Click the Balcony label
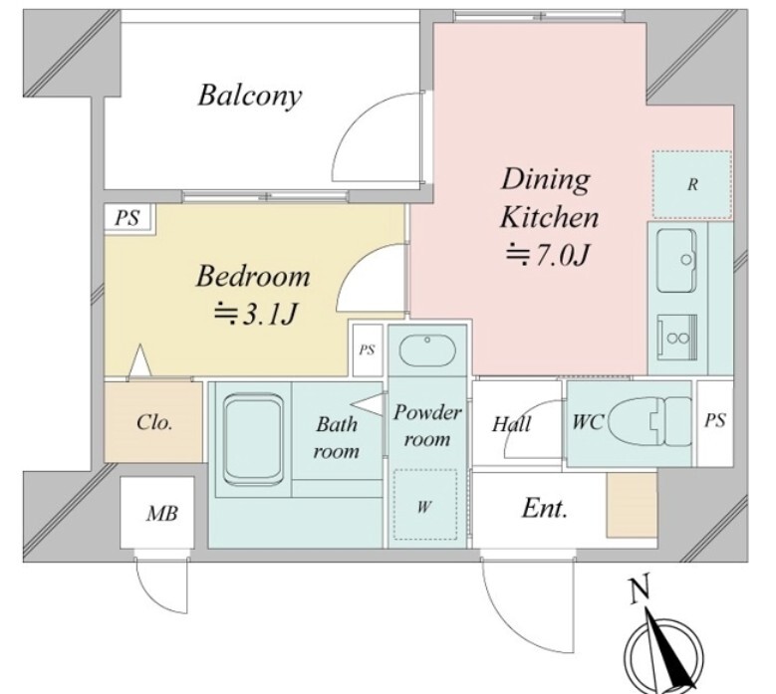(x=249, y=96)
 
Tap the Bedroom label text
(x=253, y=277)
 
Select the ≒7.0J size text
(x=548, y=255)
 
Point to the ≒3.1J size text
(x=256, y=314)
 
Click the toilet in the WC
(x=648, y=423)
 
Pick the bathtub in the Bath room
(x=254, y=440)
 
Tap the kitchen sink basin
(x=676, y=260)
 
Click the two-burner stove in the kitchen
(x=677, y=338)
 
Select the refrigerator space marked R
(x=692, y=184)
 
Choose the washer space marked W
(x=425, y=505)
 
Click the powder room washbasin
(x=427, y=350)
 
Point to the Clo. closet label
(x=154, y=423)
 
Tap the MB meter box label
(x=161, y=514)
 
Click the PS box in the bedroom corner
(x=128, y=218)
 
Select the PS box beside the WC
(x=715, y=422)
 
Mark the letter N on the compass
(x=640, y=590)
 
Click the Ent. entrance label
(x=544, y=508)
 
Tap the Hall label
(x=511, y=424)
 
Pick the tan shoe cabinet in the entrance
(x=632, y=505)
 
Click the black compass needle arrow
(x=668, y=647)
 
